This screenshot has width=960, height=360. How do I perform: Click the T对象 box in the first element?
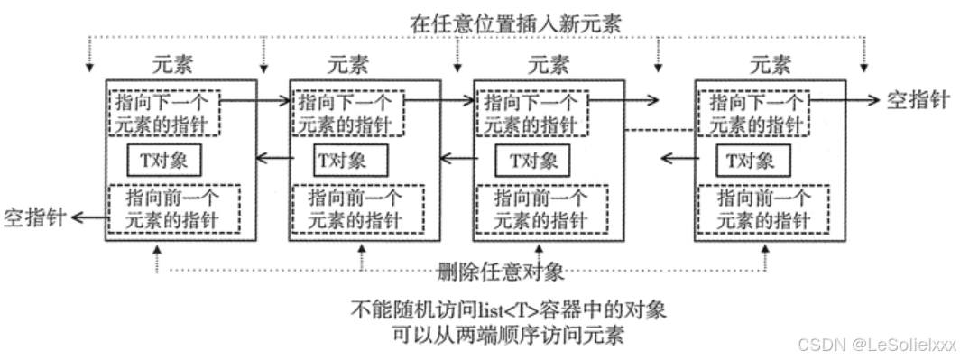pos(163,160)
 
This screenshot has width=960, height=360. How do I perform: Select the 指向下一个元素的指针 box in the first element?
pos(163,112)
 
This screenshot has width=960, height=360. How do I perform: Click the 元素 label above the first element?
pos(175,65)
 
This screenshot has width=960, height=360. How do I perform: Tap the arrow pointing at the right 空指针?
pos(857,101)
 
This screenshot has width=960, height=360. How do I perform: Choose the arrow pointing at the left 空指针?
pos(88,217)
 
